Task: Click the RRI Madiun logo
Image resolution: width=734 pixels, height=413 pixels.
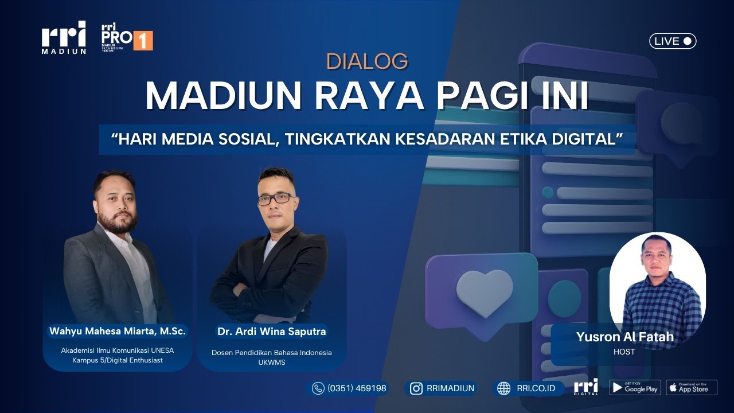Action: (64, 38)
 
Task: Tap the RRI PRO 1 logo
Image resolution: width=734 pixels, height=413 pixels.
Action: (126, 38)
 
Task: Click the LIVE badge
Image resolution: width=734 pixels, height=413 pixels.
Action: (673, 41)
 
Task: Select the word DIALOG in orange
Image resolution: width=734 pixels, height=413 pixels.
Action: (367, 61)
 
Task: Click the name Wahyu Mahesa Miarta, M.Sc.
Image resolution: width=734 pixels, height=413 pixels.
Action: (118, 331)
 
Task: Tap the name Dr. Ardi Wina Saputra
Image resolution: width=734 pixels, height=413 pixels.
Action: (271, 331)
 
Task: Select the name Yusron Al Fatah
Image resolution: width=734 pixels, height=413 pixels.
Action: (624, 337)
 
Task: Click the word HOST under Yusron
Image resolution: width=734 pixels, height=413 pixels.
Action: (624, 352)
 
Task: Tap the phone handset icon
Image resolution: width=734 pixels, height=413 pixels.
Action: (318, 388)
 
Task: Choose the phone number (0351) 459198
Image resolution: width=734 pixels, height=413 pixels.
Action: (357, 388)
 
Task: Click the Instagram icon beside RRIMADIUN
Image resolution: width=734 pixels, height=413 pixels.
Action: (416, 388)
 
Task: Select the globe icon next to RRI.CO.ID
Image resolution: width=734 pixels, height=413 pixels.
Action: (503, 388)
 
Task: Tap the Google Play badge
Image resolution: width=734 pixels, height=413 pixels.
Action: (634, 388)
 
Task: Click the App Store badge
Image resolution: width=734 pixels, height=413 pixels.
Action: (692, 388)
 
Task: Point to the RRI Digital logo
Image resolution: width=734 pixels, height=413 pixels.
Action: (585, 387)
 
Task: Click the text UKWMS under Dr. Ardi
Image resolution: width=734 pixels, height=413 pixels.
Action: (271, 363)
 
